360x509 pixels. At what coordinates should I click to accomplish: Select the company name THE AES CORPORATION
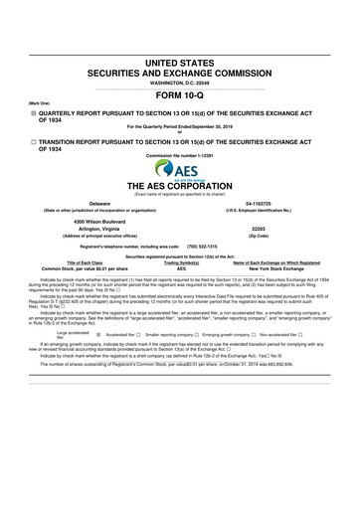coord(180,186)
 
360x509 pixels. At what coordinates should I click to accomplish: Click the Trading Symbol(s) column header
coord(180,261)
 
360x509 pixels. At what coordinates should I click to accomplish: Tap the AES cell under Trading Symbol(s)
coord(180,269)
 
